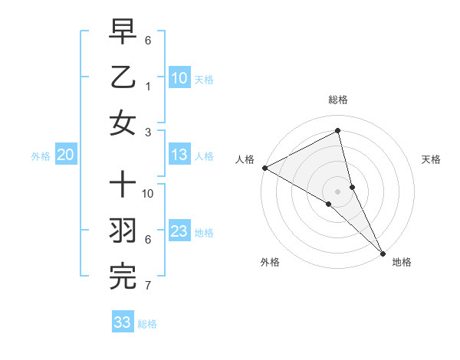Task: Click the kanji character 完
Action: pyautogui.click(x=123, y=277)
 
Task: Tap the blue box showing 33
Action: pyautogui.click(x=123, y=322)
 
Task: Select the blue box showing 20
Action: pyautogui.click(x=65, y=155)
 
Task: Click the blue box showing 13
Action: pyautogui.click(x=179, y=155)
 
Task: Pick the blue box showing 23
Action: pyautogui.click(x=179, y=231)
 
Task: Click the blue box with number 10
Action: pyautogui.click(x=179, y=77)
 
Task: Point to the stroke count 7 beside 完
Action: pyautogui.click(x=147, y=286)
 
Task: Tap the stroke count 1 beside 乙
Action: pyautogui.click(x=147, y=87)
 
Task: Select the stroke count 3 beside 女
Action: pyautogui.click(x=147, y=132)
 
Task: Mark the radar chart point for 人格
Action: pyautogui.click(x=264, y=168)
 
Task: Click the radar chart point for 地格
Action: pyautogui.click(x=382, y=252)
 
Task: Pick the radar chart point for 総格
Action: pyautogui.click(x=337, y=131)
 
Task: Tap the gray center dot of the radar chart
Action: pyautogui.click(x=337, y=190)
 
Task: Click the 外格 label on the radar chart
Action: pyautogui.click(x=270, y=262)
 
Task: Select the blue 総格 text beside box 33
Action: pyautogui.click(x=147, y=324)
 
